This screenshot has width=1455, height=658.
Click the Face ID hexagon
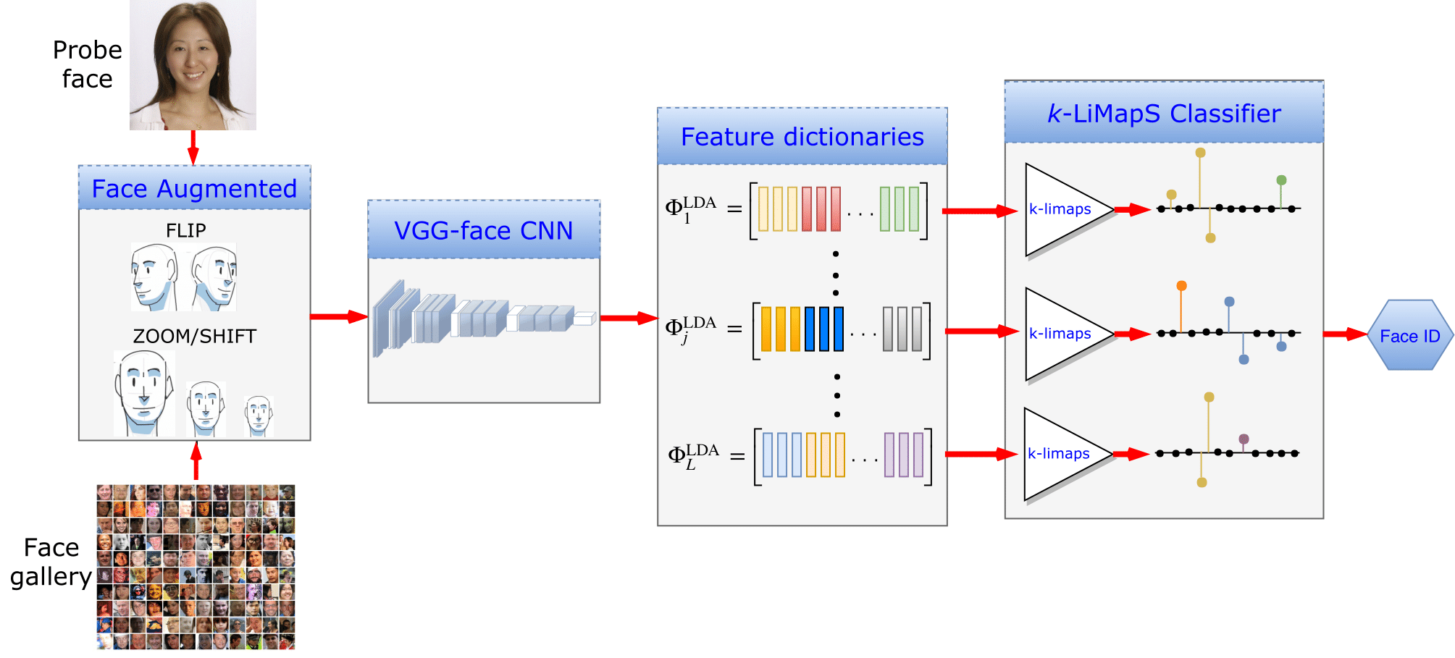pos(1409,335)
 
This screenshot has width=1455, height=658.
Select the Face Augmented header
pos(194,188)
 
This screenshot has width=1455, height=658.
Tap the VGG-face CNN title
pos(483,230)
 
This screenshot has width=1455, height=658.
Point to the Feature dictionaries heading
pos(802,137)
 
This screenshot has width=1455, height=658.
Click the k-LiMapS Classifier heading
pos(1163,114)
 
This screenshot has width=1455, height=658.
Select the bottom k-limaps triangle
pos(1062,454)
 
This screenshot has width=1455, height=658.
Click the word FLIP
pos(186,230)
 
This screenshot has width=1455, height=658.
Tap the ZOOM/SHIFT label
pos(194,336)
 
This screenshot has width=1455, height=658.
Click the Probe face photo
pos(193,65)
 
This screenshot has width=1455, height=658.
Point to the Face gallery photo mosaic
pos(196,567)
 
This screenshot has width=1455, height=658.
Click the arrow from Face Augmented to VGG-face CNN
pos(338,316)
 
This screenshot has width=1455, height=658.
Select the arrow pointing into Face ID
pos(1344,334)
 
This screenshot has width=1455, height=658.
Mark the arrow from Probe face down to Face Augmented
pos(193,148)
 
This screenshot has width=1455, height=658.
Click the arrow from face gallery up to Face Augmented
pos(196,461)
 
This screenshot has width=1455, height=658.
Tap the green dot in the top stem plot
pos(1281,180)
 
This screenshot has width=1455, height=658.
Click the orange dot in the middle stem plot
pos(1181,286)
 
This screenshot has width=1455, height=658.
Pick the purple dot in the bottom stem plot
pos(1244,439)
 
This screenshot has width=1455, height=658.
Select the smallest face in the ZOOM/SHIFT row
pos(259,415)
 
